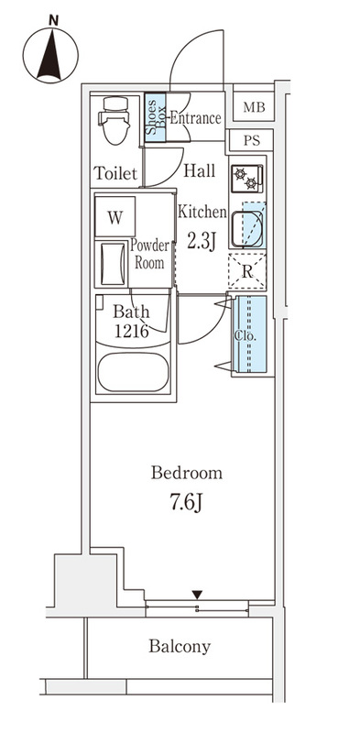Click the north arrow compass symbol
50,55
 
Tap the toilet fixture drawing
115,120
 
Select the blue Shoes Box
155,117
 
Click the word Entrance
194,117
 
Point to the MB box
254,107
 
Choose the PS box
252,141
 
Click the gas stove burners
246,178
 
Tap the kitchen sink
247,227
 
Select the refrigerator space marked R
247,271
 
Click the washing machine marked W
115,216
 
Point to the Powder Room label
149,254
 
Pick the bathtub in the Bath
133,372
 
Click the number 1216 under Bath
132,331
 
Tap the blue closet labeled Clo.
250,334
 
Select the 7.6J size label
187,502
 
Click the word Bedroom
187,473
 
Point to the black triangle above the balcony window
198,595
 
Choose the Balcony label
180,647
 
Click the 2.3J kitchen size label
202,241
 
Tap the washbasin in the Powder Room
112,263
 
